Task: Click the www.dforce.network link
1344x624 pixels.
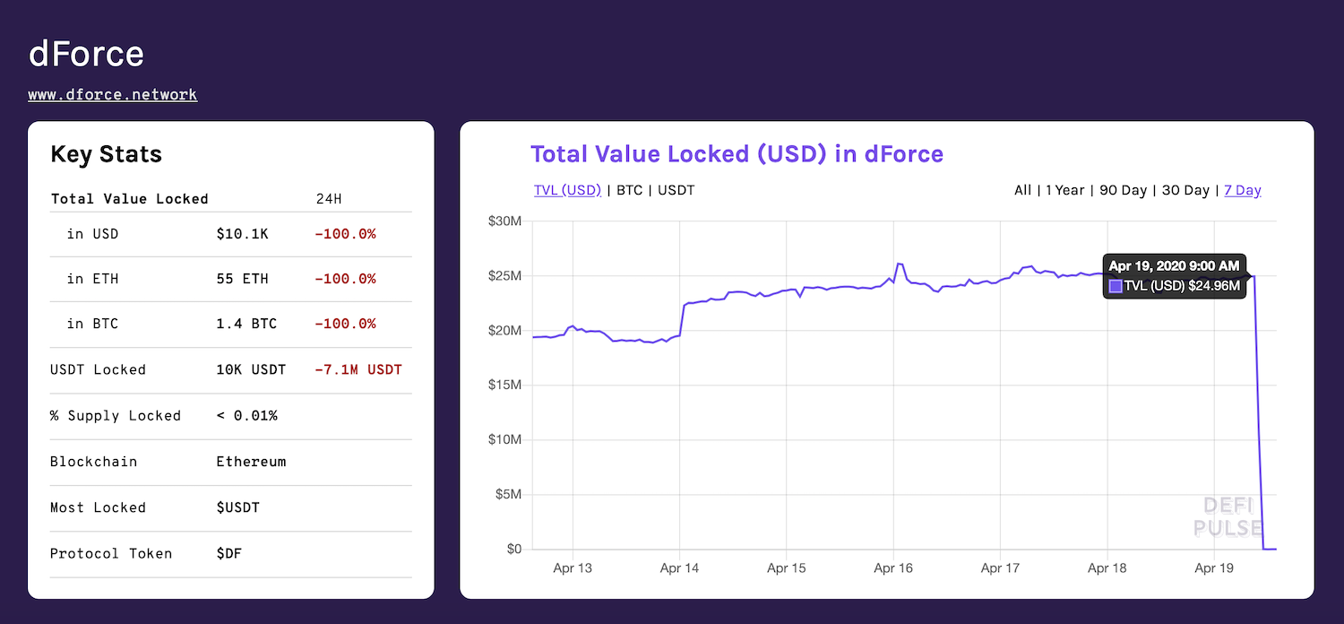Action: (112, 94)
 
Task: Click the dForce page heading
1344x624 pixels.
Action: (86, 54)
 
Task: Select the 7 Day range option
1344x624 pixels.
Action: (1242, 190)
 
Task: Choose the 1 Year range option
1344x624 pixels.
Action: (1064, 190)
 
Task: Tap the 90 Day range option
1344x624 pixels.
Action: (1123, 190)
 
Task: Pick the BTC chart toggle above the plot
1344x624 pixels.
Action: (629, 190)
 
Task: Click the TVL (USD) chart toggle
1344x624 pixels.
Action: (567, 190)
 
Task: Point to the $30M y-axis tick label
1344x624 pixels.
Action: (504, 221)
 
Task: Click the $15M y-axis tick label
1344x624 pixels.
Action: (504, 386)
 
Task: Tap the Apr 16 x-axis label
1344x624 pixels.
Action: (892, 568)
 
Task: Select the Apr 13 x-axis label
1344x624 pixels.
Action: (572, 568)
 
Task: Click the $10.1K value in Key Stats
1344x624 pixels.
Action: (242, 234)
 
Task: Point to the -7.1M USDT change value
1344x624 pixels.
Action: (358, 369)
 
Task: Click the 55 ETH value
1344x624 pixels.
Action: (242, 279)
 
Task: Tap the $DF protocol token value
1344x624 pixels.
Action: (228, 553)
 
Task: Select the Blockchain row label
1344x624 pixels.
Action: (94, 462)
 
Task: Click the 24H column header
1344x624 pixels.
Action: (330, 199)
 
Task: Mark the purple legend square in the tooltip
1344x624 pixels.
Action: (1116, 286)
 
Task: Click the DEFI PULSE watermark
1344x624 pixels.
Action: (1228, 517)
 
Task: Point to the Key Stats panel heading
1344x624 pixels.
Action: (106, 154)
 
